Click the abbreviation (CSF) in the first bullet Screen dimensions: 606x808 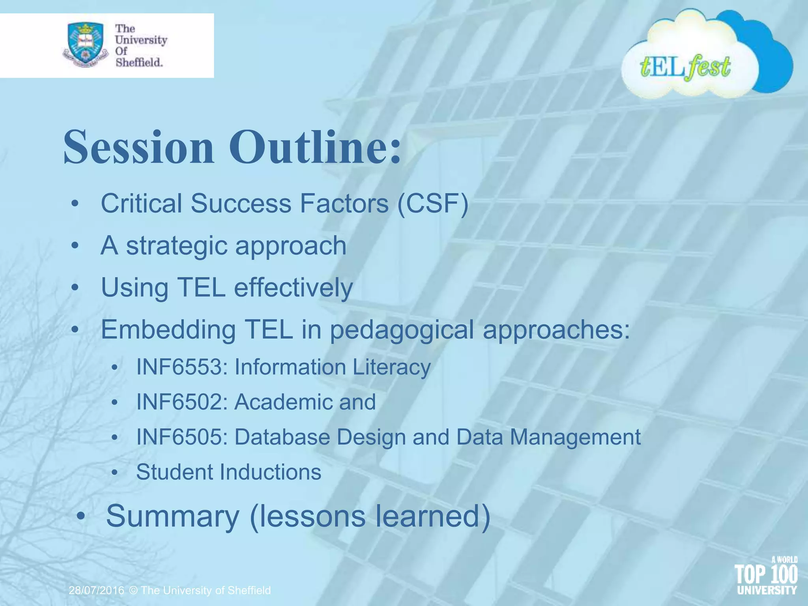click(433, 204)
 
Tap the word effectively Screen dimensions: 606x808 click(293, 287)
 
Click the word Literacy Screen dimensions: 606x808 click(391, 367)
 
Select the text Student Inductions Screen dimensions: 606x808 click(228, 472)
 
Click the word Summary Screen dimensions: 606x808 click(173, 516)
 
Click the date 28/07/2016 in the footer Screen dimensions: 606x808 click(96, 590)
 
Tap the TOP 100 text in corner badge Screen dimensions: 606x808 click(766, 574)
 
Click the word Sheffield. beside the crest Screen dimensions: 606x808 click(139, 62)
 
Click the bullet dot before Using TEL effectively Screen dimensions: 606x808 click(75, 288)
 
